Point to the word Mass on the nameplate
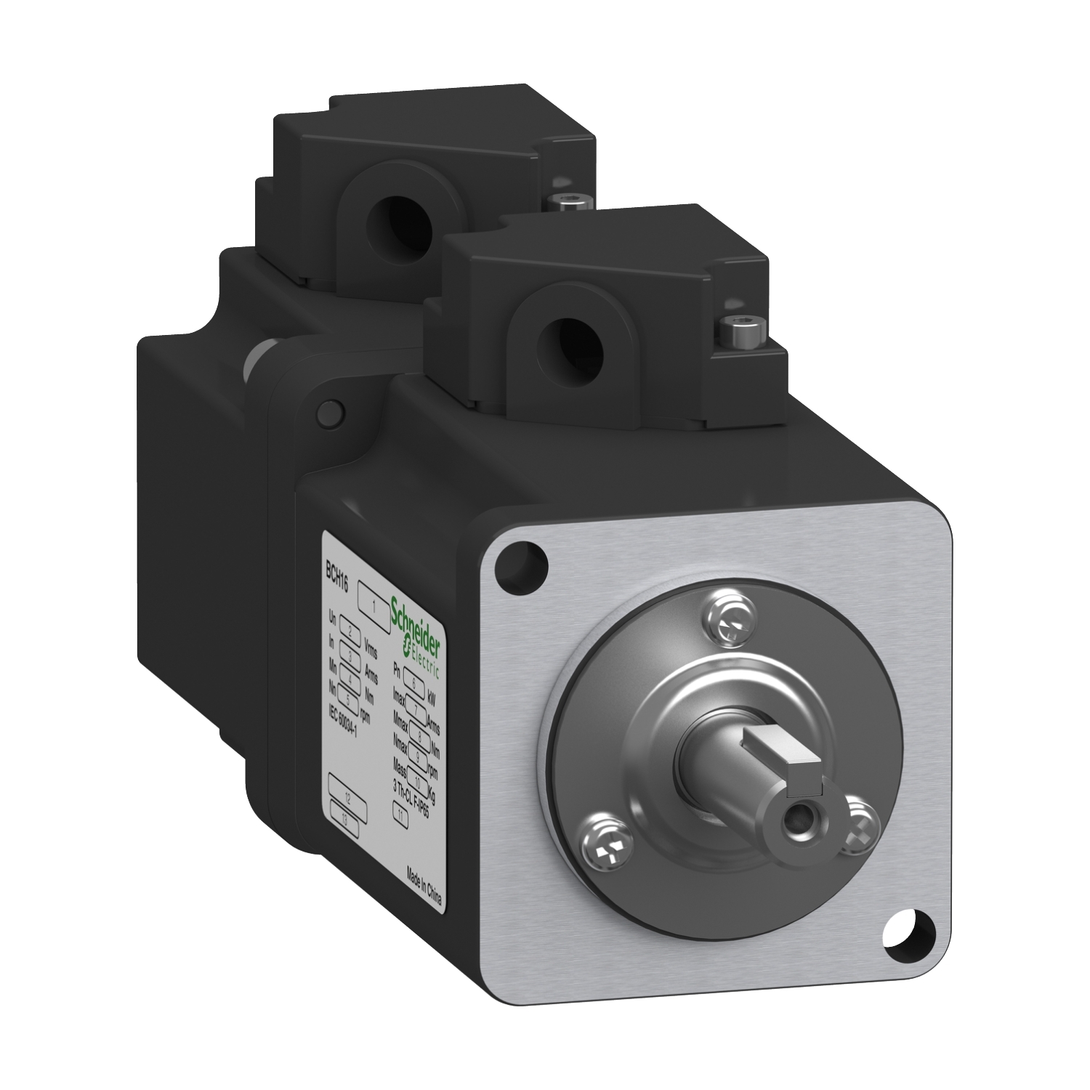coord(400,766)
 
